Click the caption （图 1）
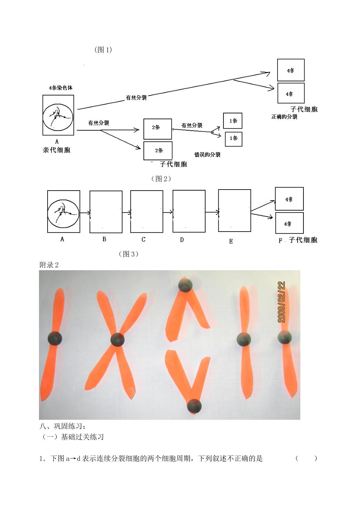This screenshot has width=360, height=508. pos(103,50)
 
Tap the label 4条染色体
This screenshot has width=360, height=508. pos(61,88)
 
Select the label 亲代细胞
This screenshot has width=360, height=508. pos(57,150)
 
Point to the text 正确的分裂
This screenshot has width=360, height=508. pos(284,117)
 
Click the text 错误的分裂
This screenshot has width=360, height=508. pos(207,155)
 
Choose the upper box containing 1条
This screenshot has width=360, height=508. pos(233,121)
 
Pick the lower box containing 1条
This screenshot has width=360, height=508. pos(233,139)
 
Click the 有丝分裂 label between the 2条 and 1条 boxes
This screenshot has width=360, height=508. pos(192,125)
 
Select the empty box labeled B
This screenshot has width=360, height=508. pos(106,212)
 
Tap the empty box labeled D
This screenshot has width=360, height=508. pos(189,211)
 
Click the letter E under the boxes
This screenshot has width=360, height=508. pos(231,241)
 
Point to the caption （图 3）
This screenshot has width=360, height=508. pos(129,254)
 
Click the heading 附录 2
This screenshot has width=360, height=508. pos(49,265)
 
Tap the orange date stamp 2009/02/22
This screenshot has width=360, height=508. pos(281,302)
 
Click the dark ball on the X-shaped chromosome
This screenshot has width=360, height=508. pos(118,340)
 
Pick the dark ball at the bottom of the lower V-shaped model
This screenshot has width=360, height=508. pos(194,406)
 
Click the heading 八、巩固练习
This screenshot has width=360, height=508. pos(63,426)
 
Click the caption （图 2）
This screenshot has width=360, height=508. pos(161,179)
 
